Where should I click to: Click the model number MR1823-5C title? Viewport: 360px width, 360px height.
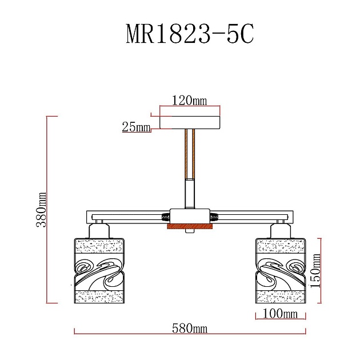[x=189, y=34]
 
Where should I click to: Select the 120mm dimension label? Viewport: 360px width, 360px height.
[x=189, y=101]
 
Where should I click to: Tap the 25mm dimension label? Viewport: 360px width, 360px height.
[x=135, y=127]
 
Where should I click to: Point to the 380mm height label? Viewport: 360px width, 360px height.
[x=41, y=210]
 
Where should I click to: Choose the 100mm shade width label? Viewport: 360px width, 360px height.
[x=280, y=313]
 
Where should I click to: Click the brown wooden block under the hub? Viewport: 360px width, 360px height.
[x=190, y=227]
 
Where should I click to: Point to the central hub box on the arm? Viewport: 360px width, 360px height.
[x=190, y=217]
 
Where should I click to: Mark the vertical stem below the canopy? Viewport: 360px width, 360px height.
[x=190, y=171]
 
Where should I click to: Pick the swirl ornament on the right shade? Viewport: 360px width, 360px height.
[x=281, y=269]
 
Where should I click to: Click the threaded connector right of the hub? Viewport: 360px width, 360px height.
[x=215, y=217]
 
